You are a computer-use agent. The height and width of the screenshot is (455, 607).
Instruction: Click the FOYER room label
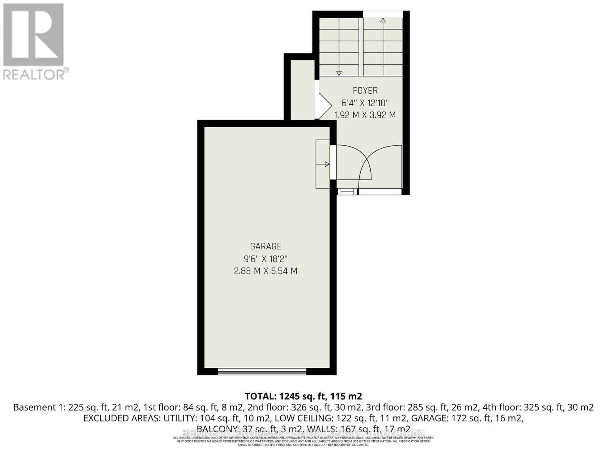[x=365, y=91]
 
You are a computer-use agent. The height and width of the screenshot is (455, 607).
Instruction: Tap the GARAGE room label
[x=266, y=246]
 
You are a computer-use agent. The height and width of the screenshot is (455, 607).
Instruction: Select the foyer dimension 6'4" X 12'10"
[x=365, y=103]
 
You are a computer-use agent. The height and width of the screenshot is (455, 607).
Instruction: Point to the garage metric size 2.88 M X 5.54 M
[x=266, y=271]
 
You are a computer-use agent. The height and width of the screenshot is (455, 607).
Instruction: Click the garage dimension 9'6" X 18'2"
[x=266, y=259]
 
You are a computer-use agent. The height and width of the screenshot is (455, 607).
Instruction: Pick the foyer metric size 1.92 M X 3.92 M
[x=365, y=115]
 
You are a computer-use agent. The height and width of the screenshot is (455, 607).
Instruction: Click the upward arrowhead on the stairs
[x=383, y=20]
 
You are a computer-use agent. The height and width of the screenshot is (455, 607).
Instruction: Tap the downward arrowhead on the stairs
[x=339, y=73]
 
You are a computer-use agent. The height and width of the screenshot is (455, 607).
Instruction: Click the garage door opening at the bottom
[x=262, y=371]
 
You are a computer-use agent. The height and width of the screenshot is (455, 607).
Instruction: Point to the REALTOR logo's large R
[x=33, y=35]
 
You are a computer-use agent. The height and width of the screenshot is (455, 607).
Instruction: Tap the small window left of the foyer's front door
[x=347, y=192]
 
